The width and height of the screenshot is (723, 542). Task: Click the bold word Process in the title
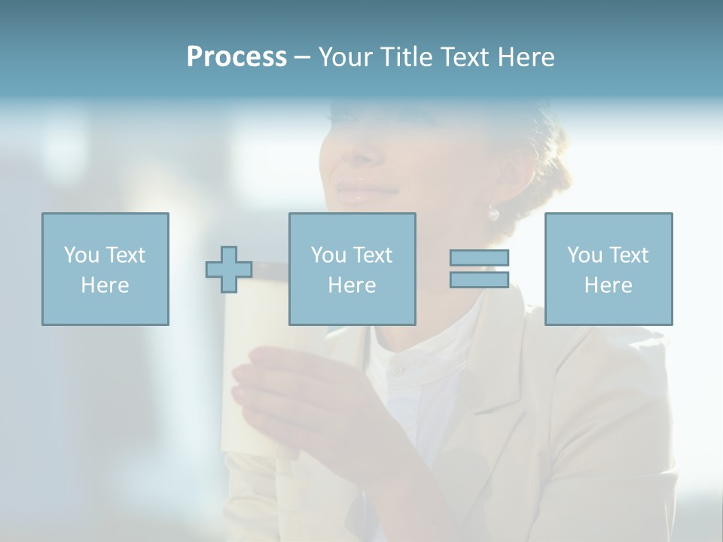point(236,57)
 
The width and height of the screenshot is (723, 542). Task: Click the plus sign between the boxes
point(229,269)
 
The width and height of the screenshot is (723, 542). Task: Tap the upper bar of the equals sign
point(479,257)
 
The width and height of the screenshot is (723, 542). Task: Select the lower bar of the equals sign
point(479,279)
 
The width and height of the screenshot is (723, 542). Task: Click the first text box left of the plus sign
point(105,269)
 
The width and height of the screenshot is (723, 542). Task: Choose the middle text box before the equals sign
point(352,269)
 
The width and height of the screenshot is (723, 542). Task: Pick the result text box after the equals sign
point(608,269)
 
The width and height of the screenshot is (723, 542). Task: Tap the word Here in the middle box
point(352,285)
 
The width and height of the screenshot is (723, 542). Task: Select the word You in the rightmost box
point(584,255)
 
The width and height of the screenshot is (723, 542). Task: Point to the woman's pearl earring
point(493,214)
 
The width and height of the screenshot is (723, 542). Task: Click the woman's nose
point(358,154)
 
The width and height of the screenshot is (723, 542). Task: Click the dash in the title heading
point(302,57)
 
